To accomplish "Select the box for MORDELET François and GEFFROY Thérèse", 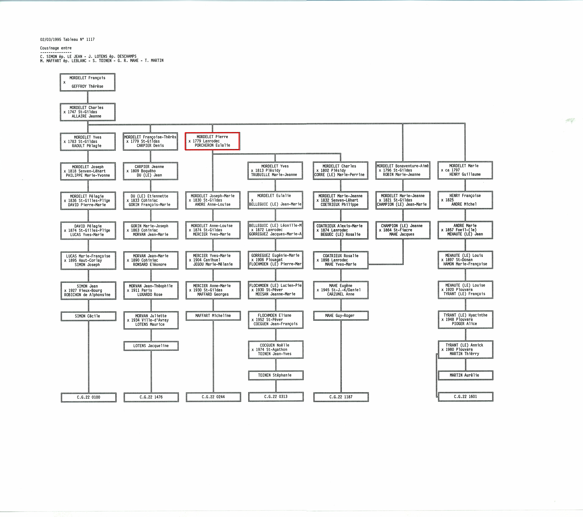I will (x=87, y=82).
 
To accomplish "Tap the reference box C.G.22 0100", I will (x=88, y=397).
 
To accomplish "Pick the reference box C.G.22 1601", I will (x=465, y=397).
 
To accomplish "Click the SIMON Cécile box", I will (x=88, y=316).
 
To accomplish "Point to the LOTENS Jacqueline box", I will (x=151, y=346).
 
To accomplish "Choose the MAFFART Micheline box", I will (x=213, y=316).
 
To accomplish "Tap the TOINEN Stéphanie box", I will (x=276, y=375).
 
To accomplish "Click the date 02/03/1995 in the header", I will (x=51, y=39).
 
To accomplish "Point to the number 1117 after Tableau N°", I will (x=90, y=39).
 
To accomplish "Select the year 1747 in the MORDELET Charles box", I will (x=72, y=112).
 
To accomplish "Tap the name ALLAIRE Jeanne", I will (x=86, y=116).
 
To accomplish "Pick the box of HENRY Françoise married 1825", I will (x=465, y=200).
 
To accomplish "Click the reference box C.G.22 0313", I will (x=276, y=397).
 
